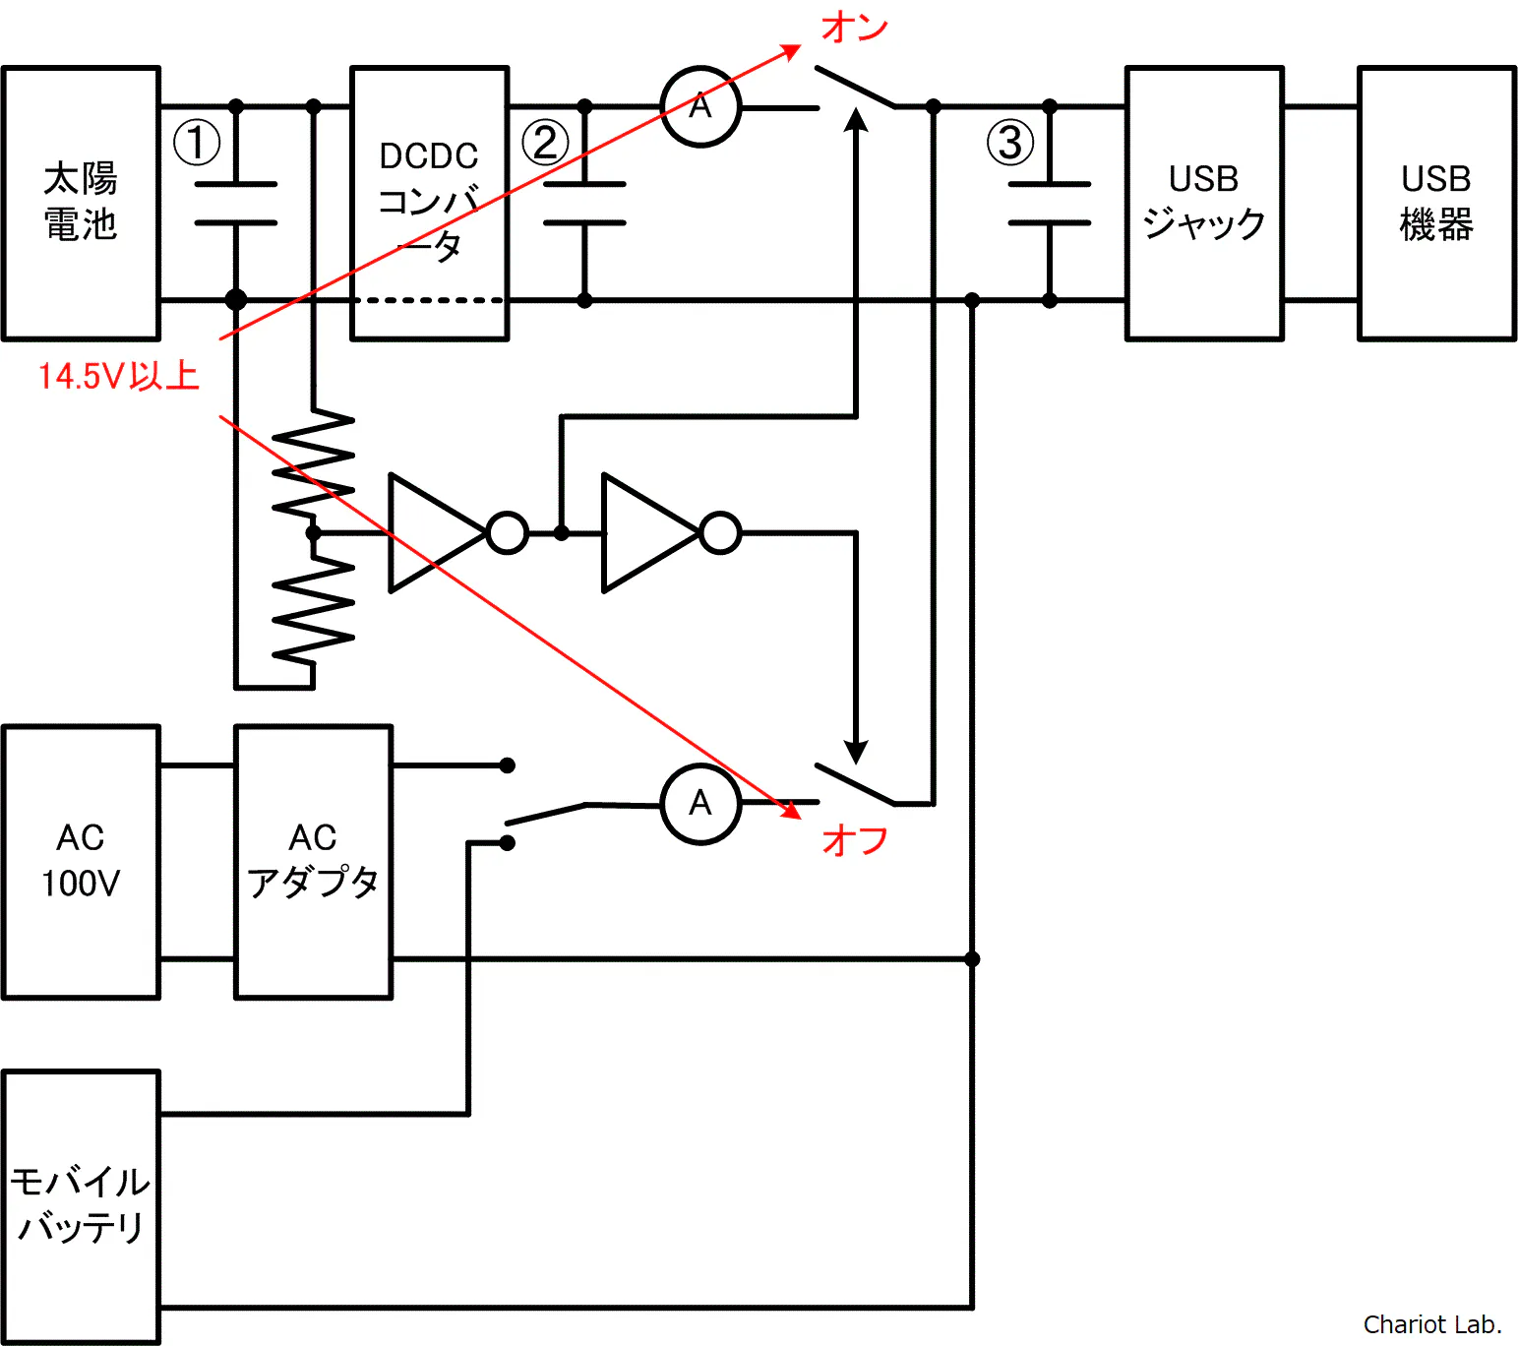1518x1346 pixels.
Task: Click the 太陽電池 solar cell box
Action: point(81,204)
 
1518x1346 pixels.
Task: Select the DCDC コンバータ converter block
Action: point(430,204)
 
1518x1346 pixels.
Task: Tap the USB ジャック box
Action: point(1204,204)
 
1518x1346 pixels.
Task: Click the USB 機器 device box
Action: point(1436,204)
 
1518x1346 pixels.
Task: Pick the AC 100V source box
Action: point(81,862)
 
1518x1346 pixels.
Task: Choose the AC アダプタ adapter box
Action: point(313,862)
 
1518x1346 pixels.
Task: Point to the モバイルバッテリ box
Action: point(81,1206)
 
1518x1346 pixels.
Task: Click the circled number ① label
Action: point(197,143)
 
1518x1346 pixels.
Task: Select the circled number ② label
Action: point(545,143)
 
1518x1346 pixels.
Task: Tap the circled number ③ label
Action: point(1010,143)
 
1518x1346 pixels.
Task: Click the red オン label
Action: point(855,28)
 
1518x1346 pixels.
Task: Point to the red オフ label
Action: point(855,840)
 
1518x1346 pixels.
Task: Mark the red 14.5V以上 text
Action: point(118,376)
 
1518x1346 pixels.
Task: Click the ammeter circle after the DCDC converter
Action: point(700,106)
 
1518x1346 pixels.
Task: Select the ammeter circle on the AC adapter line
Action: point(700,804)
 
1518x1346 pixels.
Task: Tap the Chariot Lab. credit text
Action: point(1431,1324)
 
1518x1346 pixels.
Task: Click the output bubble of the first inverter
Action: point(508,533)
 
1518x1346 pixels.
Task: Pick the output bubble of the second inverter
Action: point(721,533)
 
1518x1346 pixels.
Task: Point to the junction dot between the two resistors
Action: point(313,533)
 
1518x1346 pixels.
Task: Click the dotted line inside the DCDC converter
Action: point(430,300)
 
